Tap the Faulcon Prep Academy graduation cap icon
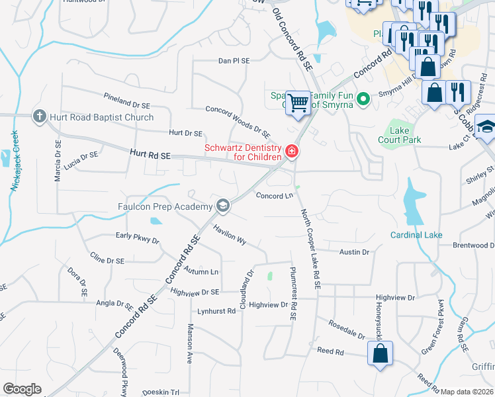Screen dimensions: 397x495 223,204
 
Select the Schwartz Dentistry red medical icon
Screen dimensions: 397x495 291,153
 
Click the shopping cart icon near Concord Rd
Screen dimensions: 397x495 298,103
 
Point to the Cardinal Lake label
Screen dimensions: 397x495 416,235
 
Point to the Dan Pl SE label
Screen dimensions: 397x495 234,60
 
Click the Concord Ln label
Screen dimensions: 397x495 274,196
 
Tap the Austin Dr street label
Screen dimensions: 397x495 354,252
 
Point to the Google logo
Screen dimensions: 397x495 22,389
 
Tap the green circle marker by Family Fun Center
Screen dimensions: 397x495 363,100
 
